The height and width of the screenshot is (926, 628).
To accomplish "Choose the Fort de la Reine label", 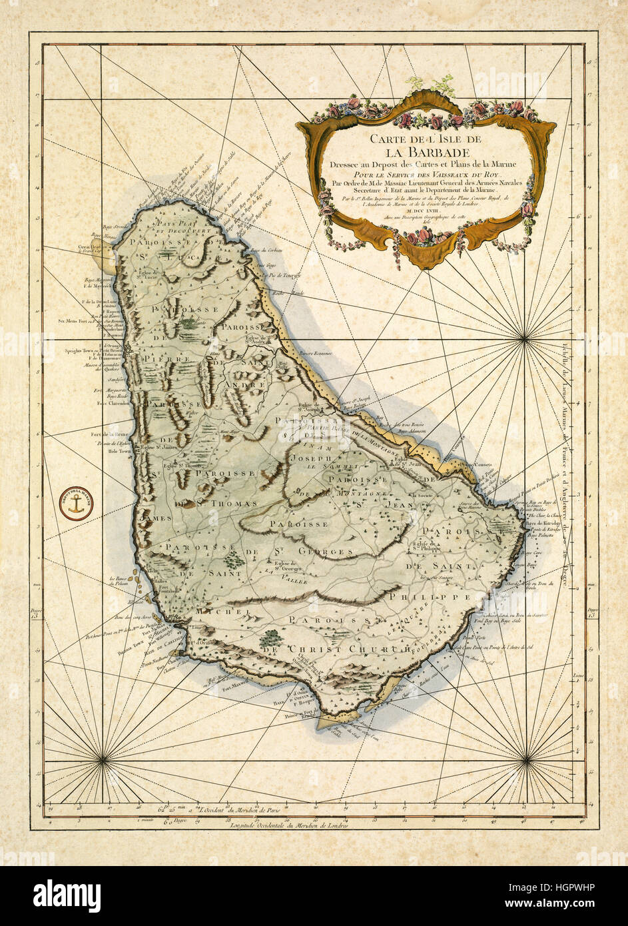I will click(112, 434).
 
